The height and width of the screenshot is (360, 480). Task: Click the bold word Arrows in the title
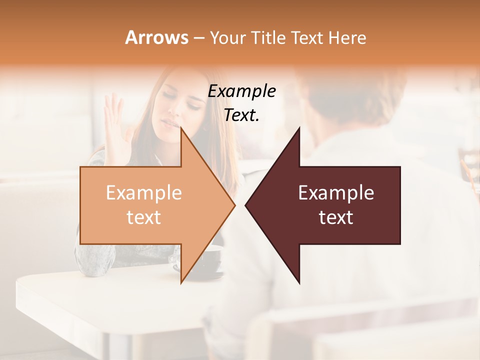[156, 37]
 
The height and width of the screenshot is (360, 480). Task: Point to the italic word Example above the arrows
[242, 91]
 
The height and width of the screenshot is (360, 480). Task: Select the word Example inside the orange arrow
[144, 193]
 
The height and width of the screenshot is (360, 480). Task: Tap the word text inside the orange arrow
[144, 217]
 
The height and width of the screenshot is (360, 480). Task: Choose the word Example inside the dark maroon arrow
[336, 193]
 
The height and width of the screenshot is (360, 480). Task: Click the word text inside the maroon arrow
[336, 217]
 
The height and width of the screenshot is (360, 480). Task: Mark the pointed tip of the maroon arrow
[246, 205]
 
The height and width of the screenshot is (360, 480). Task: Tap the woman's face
[180, 102]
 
